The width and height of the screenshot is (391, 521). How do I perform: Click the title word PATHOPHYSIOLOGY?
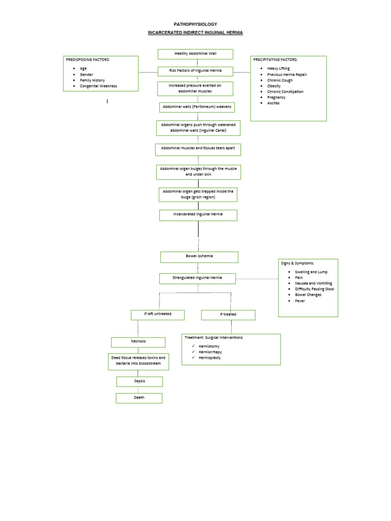[x=195, y=24]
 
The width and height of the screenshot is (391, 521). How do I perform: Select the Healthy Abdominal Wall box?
[x=195, y=54]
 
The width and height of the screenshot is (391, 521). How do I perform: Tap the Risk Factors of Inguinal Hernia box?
[x=195, y=71]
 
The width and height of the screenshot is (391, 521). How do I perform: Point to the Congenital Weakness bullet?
[x=98, y=86]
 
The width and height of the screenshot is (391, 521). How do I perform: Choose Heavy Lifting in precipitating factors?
[x=278, y=68]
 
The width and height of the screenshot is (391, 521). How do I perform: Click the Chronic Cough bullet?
[x=280, y=80]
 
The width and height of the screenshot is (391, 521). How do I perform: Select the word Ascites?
[x=273, y=103]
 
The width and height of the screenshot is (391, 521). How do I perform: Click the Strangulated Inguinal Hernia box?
[x=198, y=278]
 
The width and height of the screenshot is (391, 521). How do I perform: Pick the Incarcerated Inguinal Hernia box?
[x=198, y=215]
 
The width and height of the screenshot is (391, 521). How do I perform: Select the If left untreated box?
[x=157, y=314]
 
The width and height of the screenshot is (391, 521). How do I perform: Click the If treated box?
[x=228, y=315]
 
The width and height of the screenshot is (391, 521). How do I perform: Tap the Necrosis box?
[x=138, y=342]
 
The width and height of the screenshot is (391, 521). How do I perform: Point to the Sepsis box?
[x=139, y=381]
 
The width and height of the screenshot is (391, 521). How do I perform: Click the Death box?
[x=139, y=398]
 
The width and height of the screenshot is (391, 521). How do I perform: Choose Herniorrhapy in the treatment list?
[x=210, y=352]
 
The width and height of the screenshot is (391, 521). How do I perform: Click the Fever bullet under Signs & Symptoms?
[x=300, y=301]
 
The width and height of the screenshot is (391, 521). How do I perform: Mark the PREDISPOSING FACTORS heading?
[x=88, y=60]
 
